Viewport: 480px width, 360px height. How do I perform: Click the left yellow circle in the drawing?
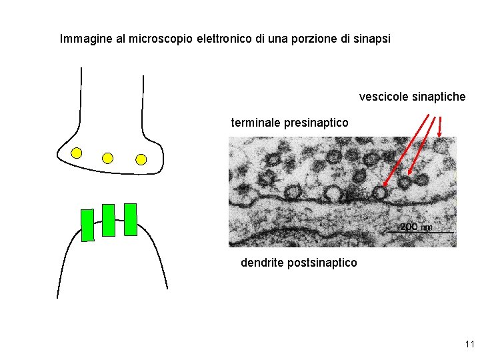(77, 153)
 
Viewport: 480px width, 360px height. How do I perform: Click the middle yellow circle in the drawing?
(108, 158)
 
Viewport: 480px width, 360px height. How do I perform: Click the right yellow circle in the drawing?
(141, 159)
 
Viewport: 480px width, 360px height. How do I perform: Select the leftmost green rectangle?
(87, 225)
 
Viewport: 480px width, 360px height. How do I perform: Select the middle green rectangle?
(108, 220)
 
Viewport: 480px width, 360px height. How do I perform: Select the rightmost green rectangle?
(130, 219)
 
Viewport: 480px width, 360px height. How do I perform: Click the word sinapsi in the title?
(372, 39)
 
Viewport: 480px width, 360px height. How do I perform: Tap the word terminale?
(255, 123)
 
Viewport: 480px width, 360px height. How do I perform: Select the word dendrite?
(262, 263)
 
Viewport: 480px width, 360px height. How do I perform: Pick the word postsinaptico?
(322, 263)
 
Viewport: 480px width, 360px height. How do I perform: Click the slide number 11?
(469, 345)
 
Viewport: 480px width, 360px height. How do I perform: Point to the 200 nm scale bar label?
(415, 227)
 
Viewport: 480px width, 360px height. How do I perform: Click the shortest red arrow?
(440, 127)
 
